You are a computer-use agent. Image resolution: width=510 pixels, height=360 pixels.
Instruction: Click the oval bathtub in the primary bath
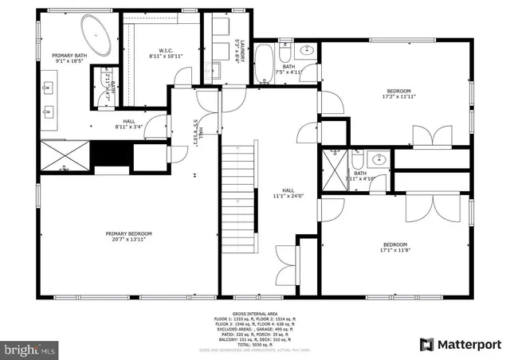coord(100,37)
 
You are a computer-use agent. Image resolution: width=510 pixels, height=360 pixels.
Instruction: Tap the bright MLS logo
coord(30,349)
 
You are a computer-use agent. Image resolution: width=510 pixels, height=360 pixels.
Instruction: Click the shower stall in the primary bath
coord(64,156)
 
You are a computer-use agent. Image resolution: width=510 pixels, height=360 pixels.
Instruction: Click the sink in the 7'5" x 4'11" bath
coord(308,51)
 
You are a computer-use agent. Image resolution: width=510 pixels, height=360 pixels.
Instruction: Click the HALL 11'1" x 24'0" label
coord(288,194)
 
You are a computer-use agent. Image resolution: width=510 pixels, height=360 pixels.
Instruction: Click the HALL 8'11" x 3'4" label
coord(128,123)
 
